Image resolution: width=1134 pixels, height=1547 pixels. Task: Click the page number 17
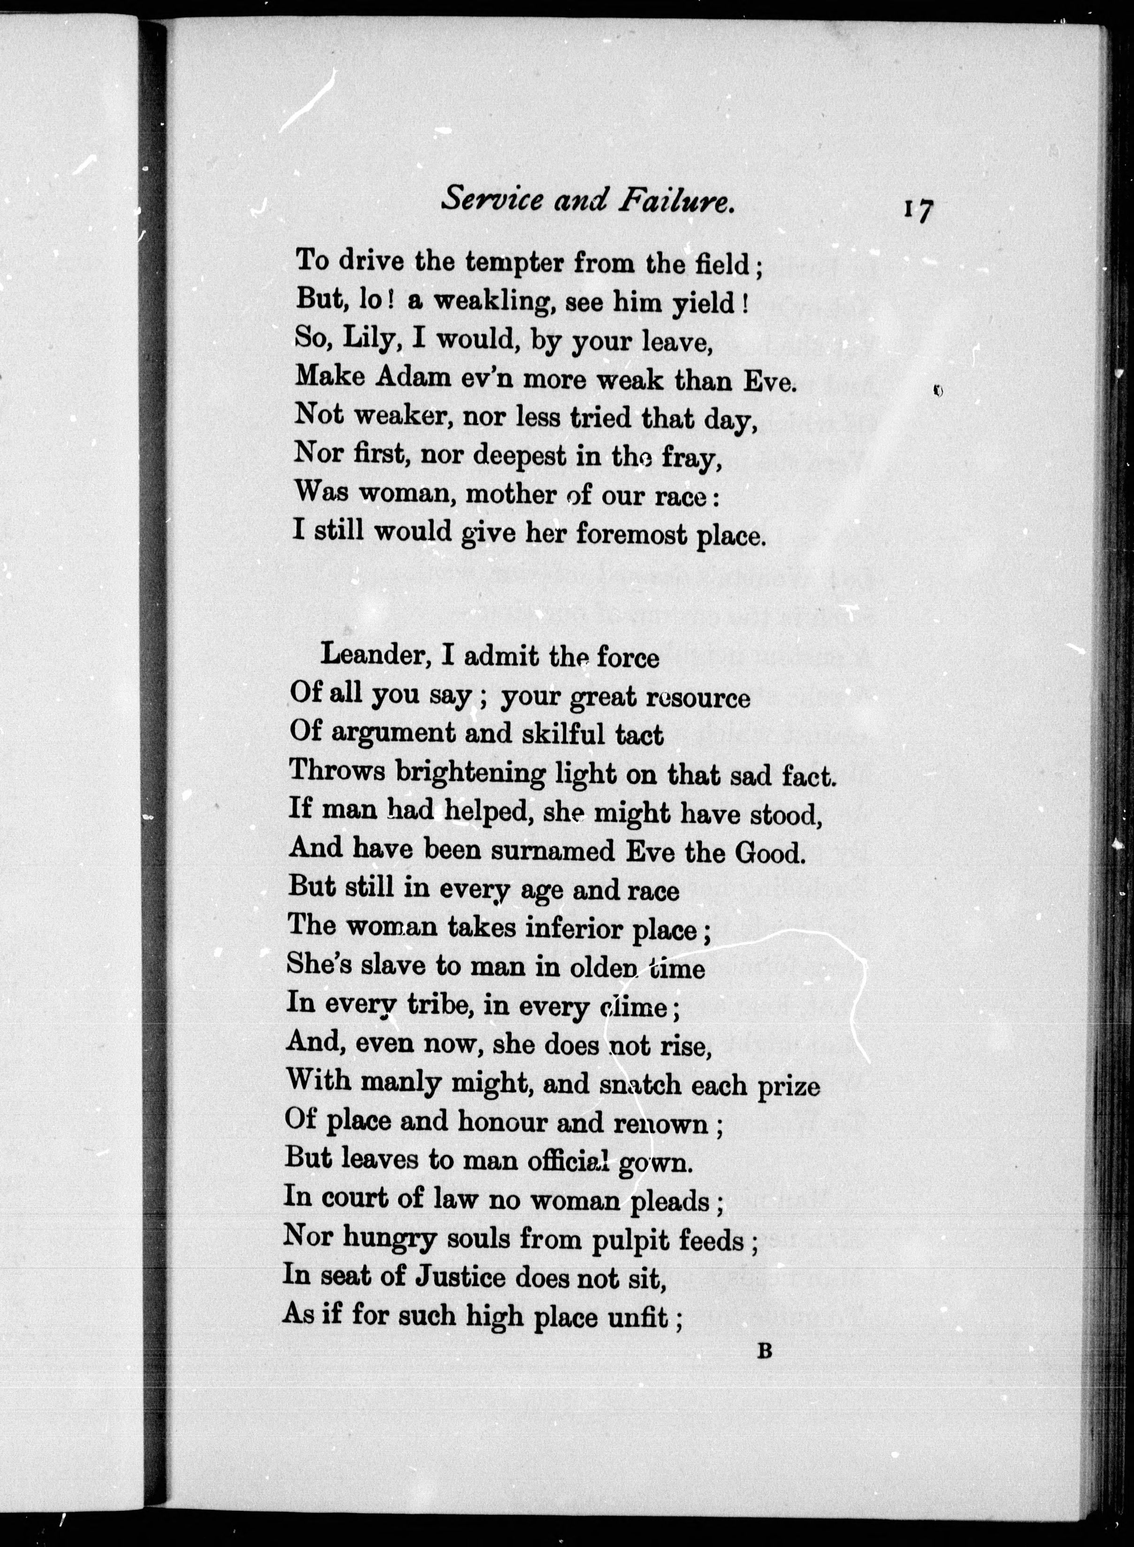[x=917, y=209]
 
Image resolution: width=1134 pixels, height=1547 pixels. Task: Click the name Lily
[x=369, y=339]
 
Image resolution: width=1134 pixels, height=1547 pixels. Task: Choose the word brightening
[x=470, y=773]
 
